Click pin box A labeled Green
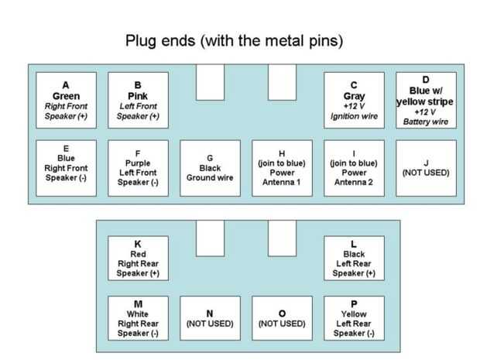pos(66,101)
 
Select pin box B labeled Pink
pos(138,101)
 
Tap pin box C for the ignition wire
pos(354,101)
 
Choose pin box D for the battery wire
pos(426,101)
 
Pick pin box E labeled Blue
pos(66,168)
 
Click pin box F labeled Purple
pos(138,168)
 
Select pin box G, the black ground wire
pos(210,168)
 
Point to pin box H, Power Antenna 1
pos(282,168)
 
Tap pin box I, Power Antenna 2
pos(354,168)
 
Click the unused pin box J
pos(426,168)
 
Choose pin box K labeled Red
pos(138,258)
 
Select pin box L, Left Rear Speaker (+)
pos(354,258)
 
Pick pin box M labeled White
pos(138,318)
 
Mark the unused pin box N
pos(210,318)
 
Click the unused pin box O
pos(282,318)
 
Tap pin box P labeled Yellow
pos(354,318)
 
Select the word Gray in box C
pos(354,96)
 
